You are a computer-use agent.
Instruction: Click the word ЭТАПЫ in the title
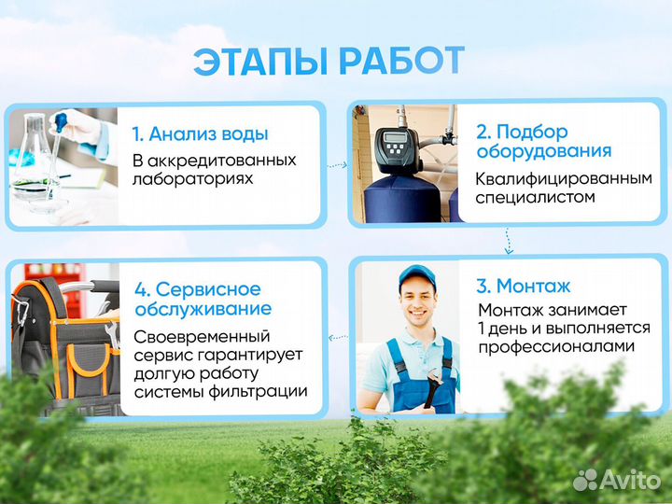(x=260, y=62)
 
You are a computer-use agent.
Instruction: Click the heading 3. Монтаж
(x=523, y=286)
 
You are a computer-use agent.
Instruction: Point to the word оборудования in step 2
(x=544, y=151)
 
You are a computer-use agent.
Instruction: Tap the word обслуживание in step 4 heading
(x=203, y=309)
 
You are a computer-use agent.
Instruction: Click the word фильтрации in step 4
(x=263, y=391)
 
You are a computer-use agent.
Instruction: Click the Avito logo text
(x=628, y=479)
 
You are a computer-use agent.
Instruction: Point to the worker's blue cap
(x=417, y=275)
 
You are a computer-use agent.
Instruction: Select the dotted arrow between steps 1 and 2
(x=337, y=164)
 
